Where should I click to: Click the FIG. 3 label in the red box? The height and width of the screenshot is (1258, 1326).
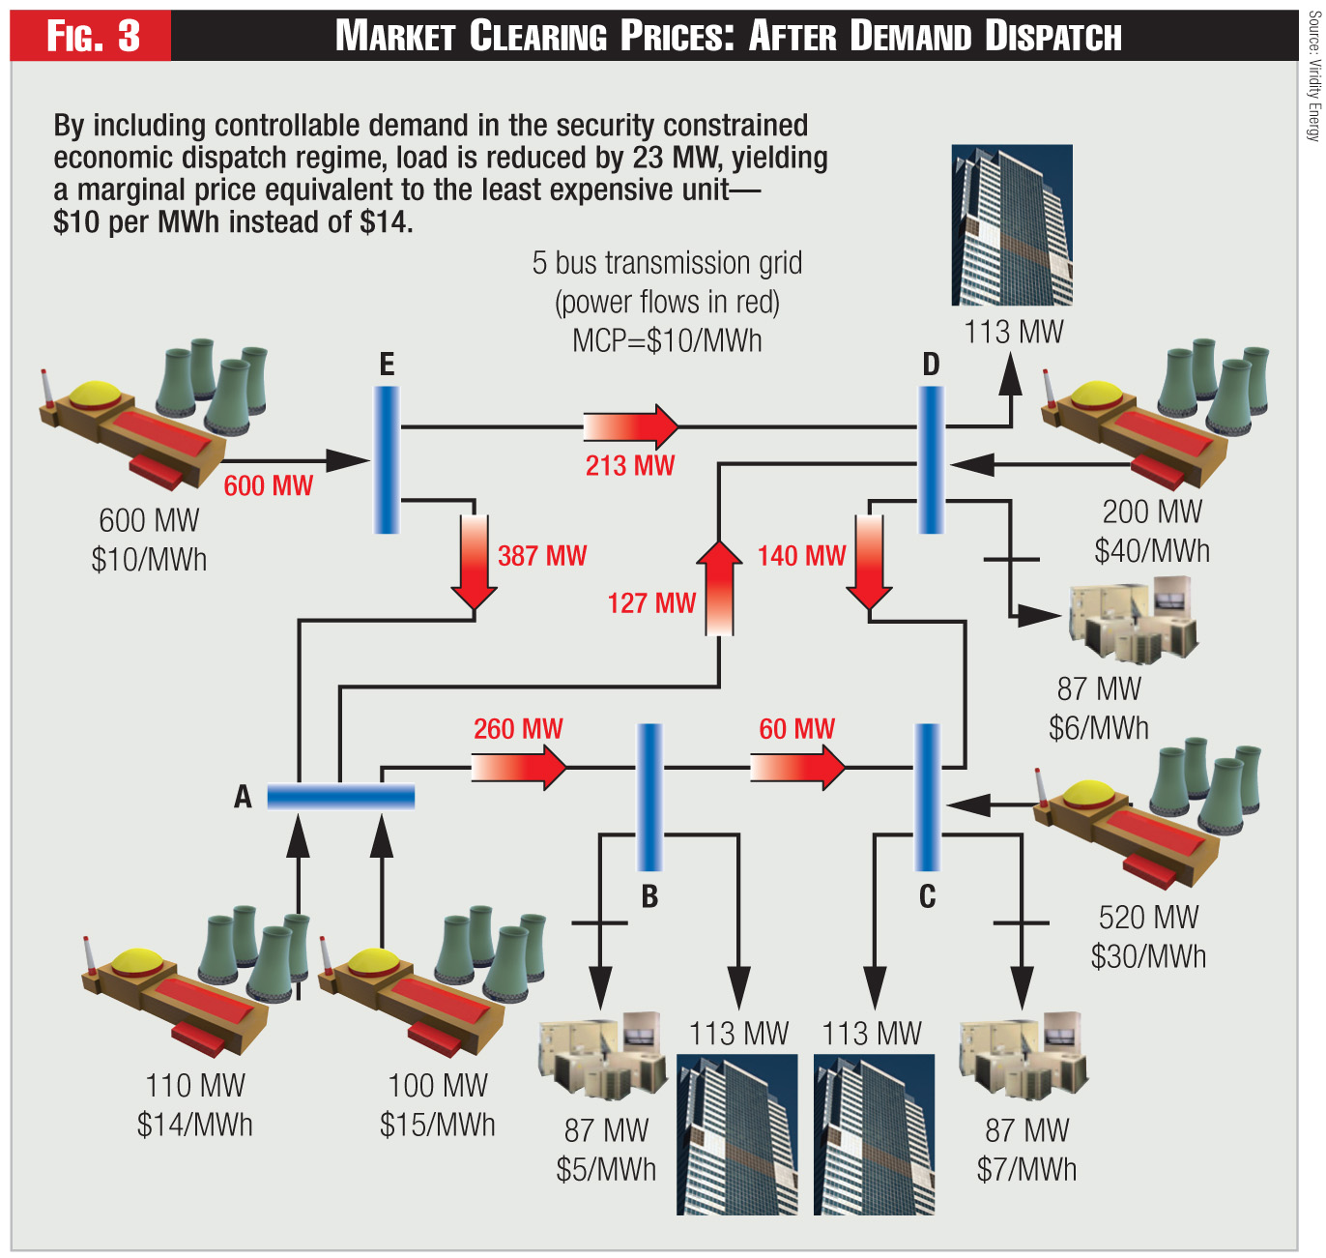(x=93, y=36)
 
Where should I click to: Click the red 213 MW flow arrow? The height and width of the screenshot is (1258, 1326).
(x=631, y=425)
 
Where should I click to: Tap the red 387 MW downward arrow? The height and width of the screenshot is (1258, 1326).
(x=474, y=562)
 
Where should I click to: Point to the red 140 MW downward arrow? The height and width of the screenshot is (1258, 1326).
(x=869, y=562)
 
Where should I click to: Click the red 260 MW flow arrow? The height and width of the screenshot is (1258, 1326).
(x=518, y=768)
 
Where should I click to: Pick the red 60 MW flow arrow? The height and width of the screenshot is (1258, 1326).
(x=797, y=768)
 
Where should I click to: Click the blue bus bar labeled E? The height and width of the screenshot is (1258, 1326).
(x=387, y=459)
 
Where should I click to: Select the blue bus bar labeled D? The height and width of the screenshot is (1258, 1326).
(x=931, y=459)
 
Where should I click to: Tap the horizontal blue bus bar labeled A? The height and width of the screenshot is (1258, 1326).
(x=340, y=796)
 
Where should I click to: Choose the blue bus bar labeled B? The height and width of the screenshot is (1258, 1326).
(x=649, y=797)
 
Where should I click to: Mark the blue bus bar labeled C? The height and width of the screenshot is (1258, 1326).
(x=927, y=797)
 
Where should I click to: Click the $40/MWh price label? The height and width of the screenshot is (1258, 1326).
(x=1152, y=551)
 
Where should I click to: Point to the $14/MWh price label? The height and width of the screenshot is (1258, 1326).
(x=195, y=1125)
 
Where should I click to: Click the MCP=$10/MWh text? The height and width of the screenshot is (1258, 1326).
(x=667, y=340)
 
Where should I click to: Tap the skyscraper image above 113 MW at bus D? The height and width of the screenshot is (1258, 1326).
(x=1012, y=224)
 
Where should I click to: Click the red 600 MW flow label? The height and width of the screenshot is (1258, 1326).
(x=269, y=485)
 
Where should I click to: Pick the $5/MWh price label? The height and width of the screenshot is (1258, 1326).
(x=606, y=1169)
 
